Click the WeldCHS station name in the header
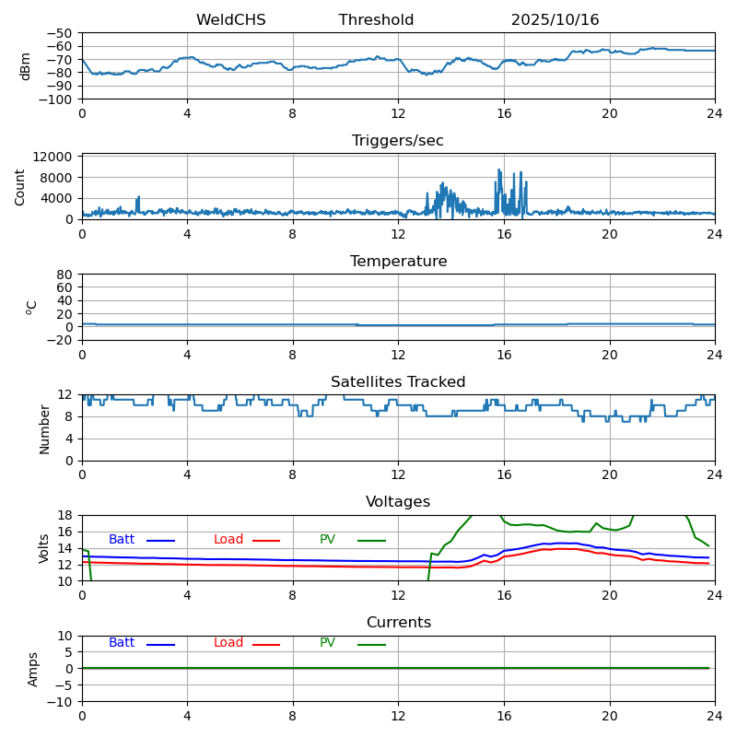pyautogui.click(x=230, y=20)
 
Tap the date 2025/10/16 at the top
pyautogui.click(x=555, y=20)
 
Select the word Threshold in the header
pyautogui.click(x=376, y=20)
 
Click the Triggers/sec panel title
pyautogui.click(x=398, y=141)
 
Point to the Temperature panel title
pyautogui.click(x=398, y=262)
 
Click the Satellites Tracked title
pyautogui.click(x=398, y=382)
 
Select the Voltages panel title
pyautogui.click(x=398, y=502)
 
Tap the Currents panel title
pyautogui.click(x=398, y=623)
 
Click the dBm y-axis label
pyautogui.click(x=26, y=66)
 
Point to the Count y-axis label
pyautogui.click(x=20, y=186)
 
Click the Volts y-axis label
pyautogui.click(x=44, y=548)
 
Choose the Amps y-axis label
pyautogui.click(x=33, y=669)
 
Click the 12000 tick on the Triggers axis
pyautogui.click(x=54, y=157)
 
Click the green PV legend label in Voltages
pyautogui.click(x=327, y=540)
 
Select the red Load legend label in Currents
pyautogui.click(x=228, y=643)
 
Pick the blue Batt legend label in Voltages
pyautogui.click(x=122, y=540)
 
